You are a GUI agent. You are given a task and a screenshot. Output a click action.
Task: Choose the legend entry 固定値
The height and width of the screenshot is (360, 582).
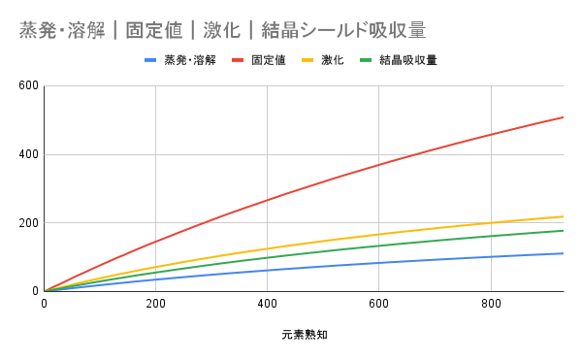tap(268, 60)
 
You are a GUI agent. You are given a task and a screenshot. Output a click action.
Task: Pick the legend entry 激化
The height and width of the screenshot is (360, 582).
tap(332, 60)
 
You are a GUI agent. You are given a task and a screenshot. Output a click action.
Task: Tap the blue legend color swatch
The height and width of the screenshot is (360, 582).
tap(151, 60)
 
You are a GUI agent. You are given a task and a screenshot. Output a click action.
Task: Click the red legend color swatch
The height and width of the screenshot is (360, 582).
tap(238, 60)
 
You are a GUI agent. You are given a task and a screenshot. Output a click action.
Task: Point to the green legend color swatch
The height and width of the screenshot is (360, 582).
tap(367, 60)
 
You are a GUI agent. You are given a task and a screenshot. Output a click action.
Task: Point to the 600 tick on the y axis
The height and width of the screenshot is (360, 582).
tap(27, 85)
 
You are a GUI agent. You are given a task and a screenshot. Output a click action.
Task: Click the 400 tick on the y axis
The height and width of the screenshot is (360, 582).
tap(27, 154)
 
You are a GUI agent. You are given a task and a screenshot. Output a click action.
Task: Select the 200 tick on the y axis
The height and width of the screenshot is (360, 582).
tap(27, 223)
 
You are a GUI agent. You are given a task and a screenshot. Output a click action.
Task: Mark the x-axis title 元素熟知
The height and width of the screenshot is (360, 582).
tap(304, 336)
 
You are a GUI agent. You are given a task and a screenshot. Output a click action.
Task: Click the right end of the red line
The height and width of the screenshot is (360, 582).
tap(563, 117)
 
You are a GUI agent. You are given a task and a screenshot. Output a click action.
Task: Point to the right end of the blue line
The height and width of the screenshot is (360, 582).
tap(563, 253)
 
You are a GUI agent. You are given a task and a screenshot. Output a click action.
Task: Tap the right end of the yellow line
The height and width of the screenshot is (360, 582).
tap(563, 216)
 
